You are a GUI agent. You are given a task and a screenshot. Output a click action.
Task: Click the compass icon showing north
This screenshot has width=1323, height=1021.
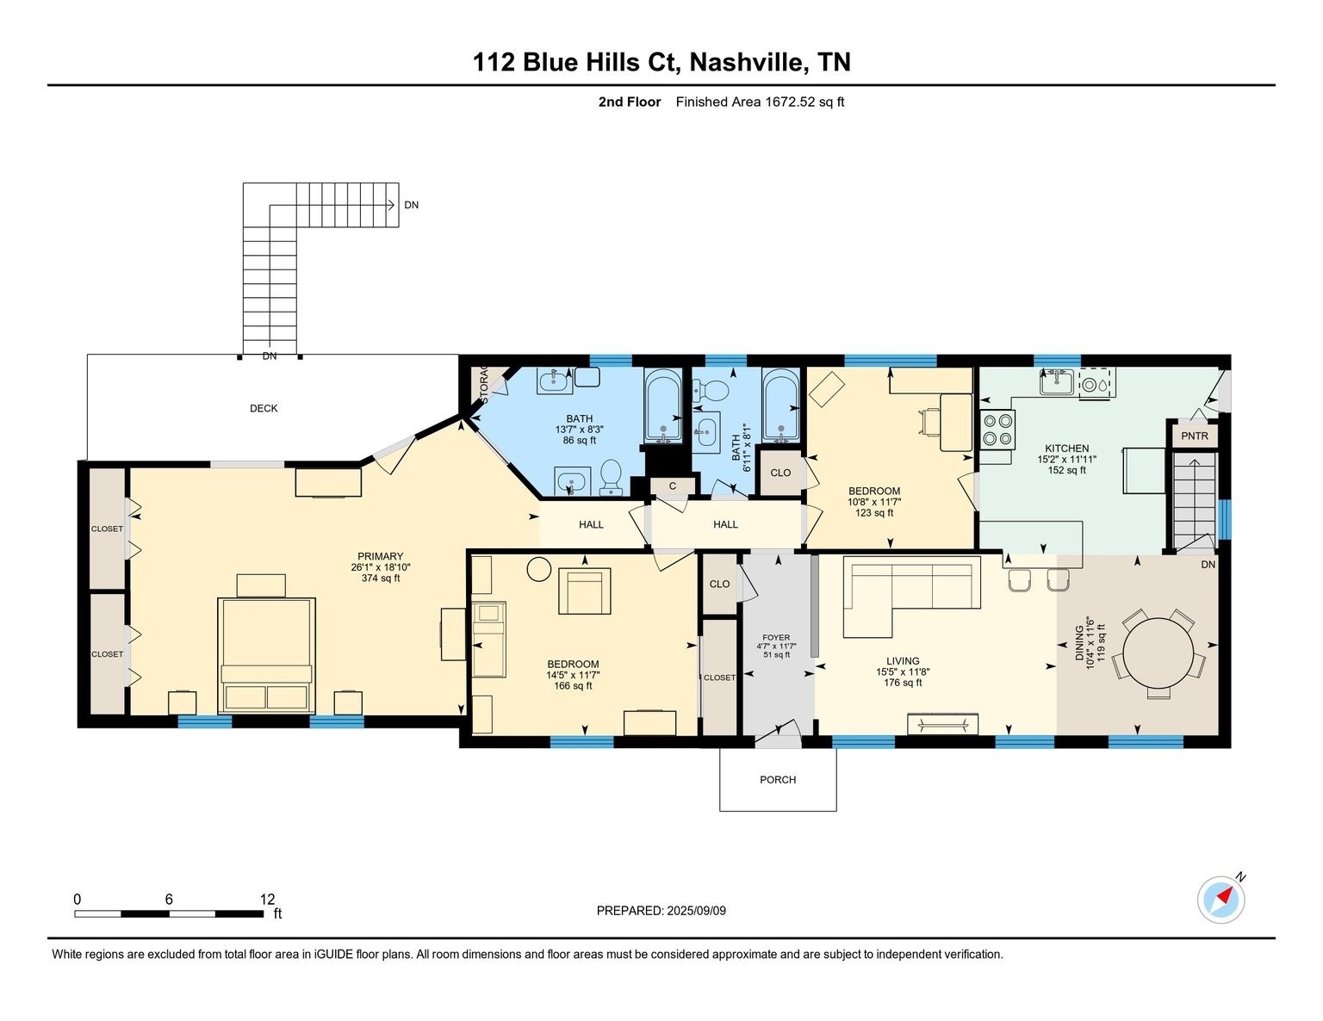(1221, 900)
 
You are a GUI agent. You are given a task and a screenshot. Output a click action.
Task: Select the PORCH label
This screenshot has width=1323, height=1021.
(777, 780)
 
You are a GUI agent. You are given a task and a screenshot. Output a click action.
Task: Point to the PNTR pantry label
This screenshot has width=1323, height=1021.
(1194, 436)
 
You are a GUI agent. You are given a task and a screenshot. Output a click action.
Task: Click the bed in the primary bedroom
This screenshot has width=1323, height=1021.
(266, 655)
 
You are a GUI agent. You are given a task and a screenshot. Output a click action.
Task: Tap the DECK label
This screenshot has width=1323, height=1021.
(264, 408)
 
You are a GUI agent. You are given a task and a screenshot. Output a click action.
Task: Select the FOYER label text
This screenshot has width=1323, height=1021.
(776, 638)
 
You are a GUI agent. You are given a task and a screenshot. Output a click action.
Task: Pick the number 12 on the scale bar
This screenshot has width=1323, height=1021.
(267, 899)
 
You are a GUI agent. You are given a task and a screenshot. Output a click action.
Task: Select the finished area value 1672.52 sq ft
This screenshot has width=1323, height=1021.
(804, 102)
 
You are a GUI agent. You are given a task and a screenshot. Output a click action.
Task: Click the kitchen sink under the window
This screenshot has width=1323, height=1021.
(1056, 381)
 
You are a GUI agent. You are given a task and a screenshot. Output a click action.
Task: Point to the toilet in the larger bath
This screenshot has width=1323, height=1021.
(611, 476)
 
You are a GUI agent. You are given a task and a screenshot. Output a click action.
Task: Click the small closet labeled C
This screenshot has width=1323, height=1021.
(672, 486)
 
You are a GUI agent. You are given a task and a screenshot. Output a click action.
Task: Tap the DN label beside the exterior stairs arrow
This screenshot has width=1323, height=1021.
(412, 205)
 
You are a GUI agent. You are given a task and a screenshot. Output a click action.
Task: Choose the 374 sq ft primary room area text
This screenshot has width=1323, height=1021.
(380, 579)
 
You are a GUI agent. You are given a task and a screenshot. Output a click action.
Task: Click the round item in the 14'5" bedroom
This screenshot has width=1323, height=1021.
(539, 569)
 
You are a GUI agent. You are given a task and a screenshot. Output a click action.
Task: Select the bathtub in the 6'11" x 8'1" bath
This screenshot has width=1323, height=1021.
(781, 405)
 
